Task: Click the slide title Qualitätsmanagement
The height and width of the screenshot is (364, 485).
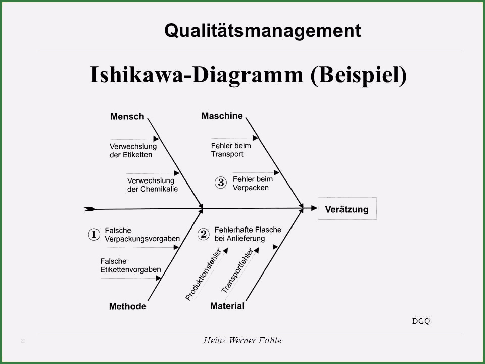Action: [263, 31]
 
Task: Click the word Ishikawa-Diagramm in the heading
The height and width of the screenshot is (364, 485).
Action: [197, 75]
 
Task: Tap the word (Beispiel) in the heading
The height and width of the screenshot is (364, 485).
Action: [359, 75]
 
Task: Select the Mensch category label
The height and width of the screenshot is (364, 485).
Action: [127, 117]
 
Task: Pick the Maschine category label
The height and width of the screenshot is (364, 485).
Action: [222, 116]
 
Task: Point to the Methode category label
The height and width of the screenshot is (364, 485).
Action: [127, 306]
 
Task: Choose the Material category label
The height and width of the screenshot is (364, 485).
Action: [227, 306]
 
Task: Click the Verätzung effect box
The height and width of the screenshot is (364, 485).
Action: [348, 209]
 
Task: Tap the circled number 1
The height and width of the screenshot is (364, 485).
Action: [94, 234]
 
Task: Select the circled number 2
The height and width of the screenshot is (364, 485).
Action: [203, 234]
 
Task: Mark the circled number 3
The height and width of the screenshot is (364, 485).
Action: [221, 183]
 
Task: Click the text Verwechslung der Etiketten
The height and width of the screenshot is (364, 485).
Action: [133, 151]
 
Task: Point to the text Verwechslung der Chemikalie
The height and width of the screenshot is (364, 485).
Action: [153, 185]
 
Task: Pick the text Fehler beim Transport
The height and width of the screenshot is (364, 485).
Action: [231, 150]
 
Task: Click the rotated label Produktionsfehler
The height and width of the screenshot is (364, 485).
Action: [203, 275]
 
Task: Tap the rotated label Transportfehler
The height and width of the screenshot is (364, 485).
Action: [237, 270]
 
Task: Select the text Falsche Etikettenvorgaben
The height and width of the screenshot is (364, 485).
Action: [130, 265]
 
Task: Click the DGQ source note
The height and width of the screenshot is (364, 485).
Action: [421, 321]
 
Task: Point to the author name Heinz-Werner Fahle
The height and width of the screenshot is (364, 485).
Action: [243, 340]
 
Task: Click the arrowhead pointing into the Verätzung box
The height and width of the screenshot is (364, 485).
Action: [314, 208]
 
